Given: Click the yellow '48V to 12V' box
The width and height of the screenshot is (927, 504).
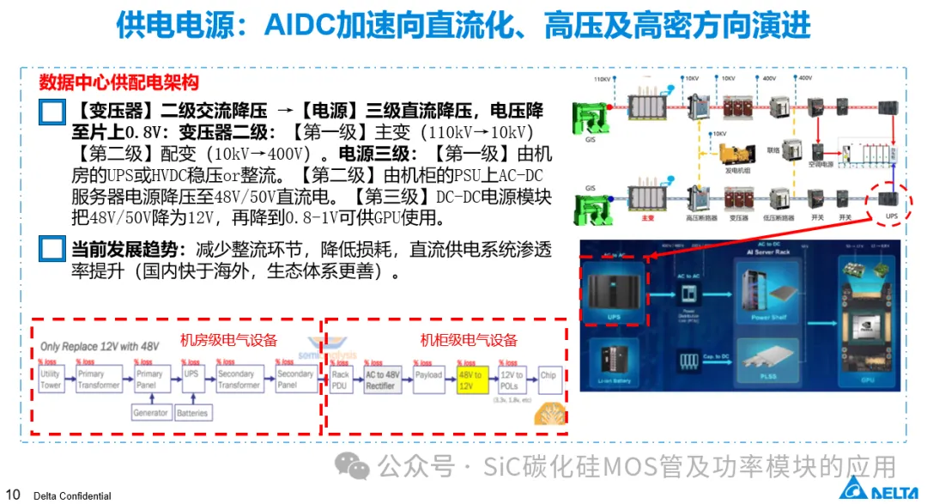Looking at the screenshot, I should click(470, 380).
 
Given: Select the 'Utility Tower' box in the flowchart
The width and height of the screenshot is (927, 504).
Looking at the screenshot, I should click(51, 380).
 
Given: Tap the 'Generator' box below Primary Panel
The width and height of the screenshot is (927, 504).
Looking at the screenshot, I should click(150, 413).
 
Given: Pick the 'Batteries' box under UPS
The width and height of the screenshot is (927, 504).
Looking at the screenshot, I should click(191, 413).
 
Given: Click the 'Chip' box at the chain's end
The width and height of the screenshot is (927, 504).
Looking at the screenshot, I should click(548, 376).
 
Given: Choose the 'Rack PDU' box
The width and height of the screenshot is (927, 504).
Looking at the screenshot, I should click(340, 380).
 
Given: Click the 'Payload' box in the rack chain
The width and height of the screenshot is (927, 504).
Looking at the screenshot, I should click(428, 376).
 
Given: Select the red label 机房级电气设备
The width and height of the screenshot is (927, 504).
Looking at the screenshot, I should click(228, 340).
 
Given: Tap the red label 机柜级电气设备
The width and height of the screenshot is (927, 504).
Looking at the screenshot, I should click(469, 340).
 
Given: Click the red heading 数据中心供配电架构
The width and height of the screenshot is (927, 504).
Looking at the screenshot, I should click(119, 82).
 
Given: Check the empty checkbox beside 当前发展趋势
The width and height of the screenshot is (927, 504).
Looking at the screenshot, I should click(52, 250).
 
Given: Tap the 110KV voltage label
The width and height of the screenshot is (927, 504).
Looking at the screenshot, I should click(602, 79).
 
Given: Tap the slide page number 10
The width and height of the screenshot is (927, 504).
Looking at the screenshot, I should click(13, 494).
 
